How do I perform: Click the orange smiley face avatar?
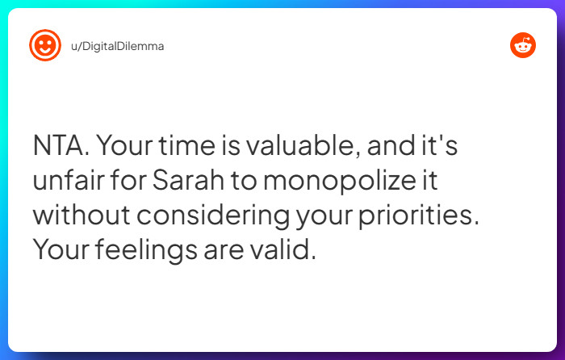(x=45, y=46)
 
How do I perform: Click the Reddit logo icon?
(x=523, y=45)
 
